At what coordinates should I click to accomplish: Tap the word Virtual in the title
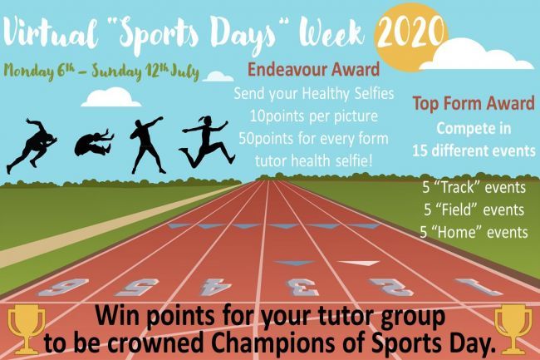51,34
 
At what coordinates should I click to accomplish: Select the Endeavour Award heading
313,69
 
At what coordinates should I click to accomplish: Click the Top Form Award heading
474,103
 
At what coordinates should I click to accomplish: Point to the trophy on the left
27,330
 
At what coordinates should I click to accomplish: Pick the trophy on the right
513,330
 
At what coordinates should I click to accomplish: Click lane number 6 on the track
63,288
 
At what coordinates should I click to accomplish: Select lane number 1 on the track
479,288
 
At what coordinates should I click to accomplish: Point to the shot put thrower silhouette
147,145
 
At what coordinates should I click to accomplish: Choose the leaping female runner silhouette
207,141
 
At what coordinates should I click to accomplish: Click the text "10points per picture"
313,116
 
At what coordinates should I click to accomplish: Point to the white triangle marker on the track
359,264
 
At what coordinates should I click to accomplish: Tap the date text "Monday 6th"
39,72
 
